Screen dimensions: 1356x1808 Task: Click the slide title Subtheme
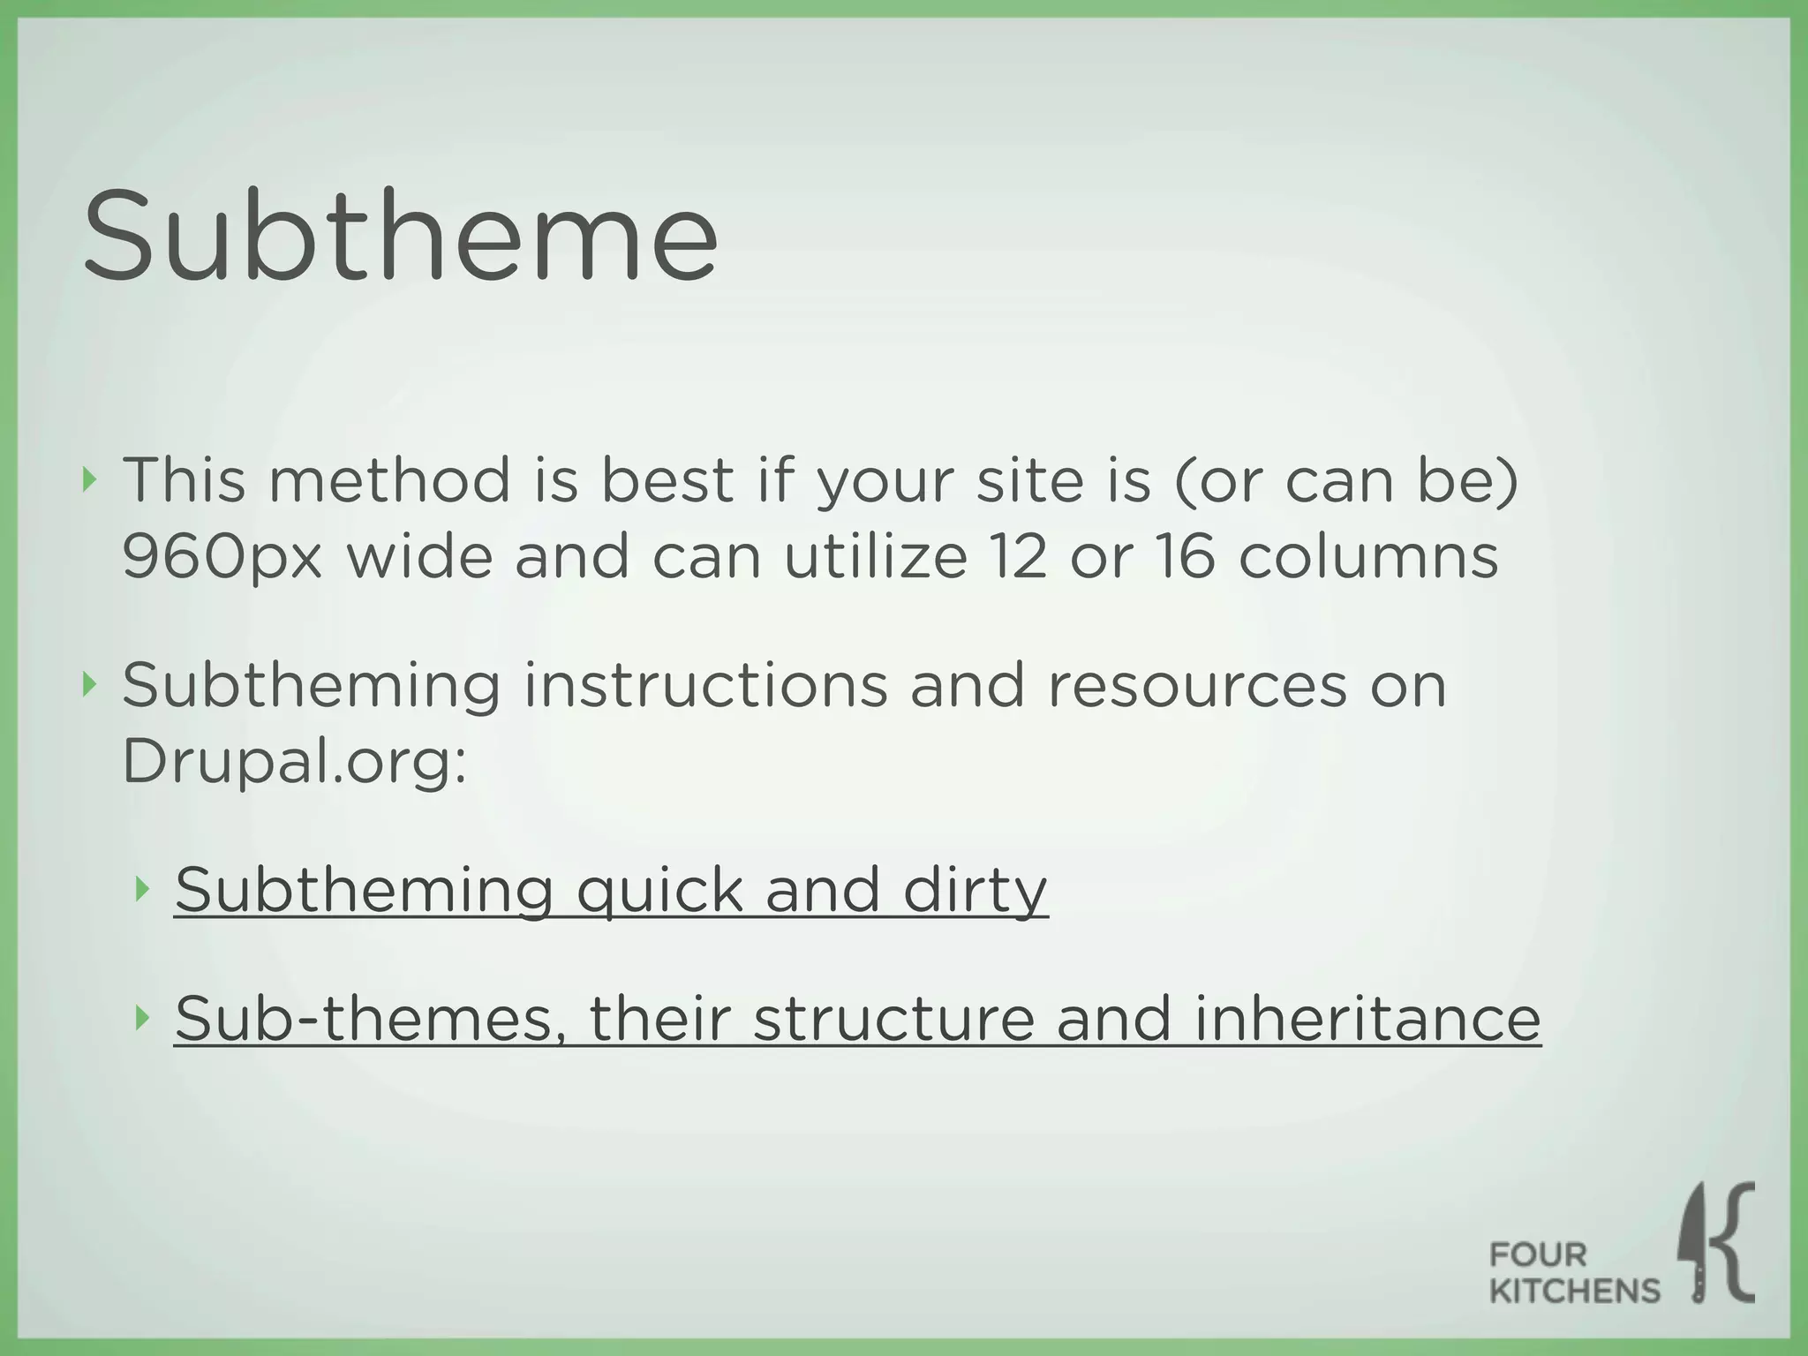click(x=400, y=236)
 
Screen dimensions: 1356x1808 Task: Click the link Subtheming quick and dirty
click(x=611, y=890)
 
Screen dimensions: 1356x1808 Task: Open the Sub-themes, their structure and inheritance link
click(x=857, y=1019)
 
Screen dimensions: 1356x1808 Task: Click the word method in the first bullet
click(x=389, y=481)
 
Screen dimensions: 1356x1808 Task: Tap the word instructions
click(x=705, y=686)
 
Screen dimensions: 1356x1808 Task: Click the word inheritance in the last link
click(x=1367, y=1019)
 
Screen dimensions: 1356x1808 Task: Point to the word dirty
click(x=975, y=890)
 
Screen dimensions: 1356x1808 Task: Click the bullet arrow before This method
click(x=88, y=480)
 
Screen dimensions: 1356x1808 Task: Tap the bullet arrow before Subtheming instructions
click(x=88, y=685)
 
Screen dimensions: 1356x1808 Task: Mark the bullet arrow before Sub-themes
click(x=142, y=1018)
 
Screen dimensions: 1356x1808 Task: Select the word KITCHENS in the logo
click(x=1575, y=1291)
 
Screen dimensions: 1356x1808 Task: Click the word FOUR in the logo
click(x=1538, y=1254)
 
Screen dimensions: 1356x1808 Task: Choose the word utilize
click(x=876, y=557)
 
